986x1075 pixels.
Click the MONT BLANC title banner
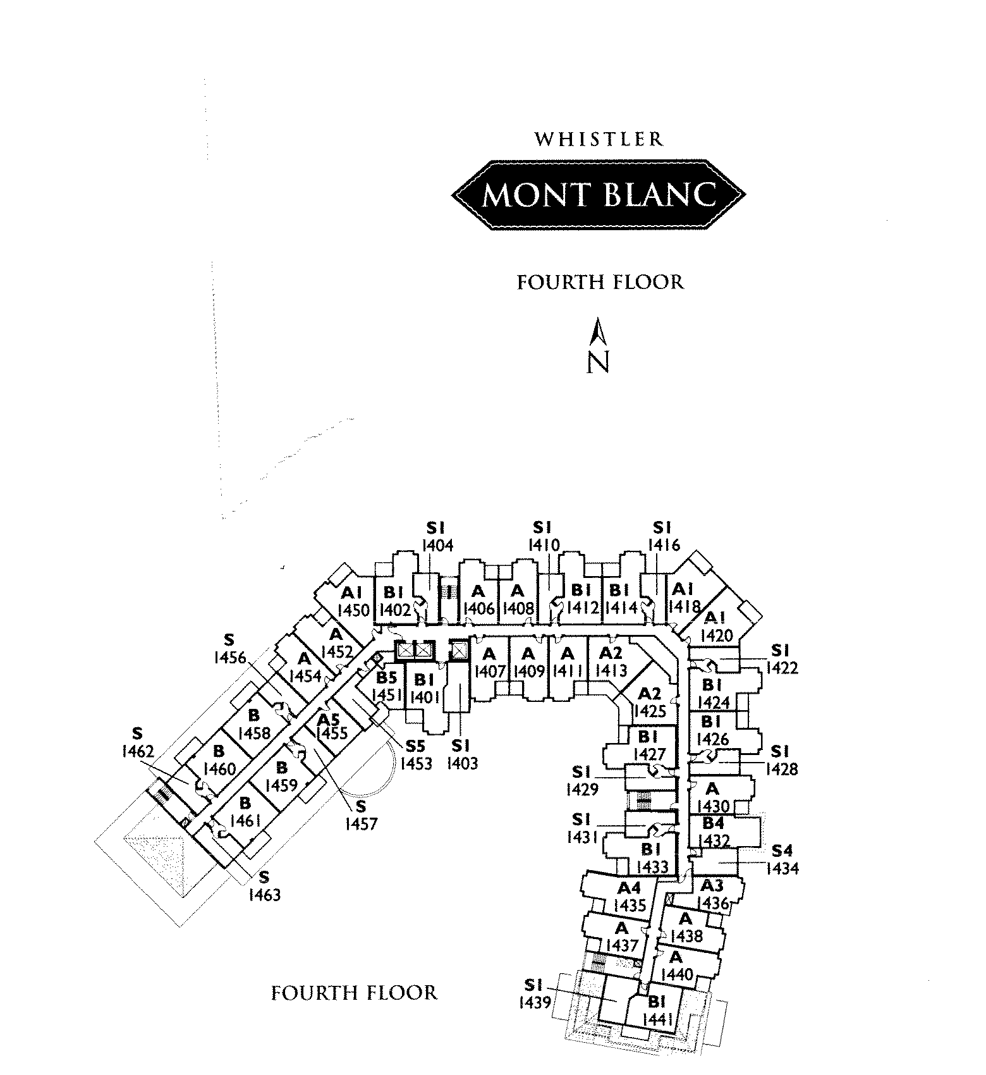[x=599, y=195]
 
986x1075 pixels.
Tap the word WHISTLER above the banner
[x=599, y=139]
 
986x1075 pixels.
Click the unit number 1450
[x=353, y=610]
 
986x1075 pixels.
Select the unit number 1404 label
[x=437, y=545]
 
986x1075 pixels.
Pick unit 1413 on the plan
[x=611, y=670]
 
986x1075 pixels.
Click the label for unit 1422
[x=782, y=667]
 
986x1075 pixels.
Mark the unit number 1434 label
[x=782, y=868]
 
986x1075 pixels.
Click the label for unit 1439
[x=535, y=1002]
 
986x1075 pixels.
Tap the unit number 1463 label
[x=264, y=894]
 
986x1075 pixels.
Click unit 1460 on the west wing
[x=220, y=769]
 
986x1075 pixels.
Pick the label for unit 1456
[x=230, y=658]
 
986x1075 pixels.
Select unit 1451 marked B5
[x=387, y=695]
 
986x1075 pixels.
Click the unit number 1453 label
[x=416, y=763]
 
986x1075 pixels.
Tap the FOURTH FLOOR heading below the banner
[x=600, y=282]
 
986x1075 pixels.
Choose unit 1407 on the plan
[x=490, y=670]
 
